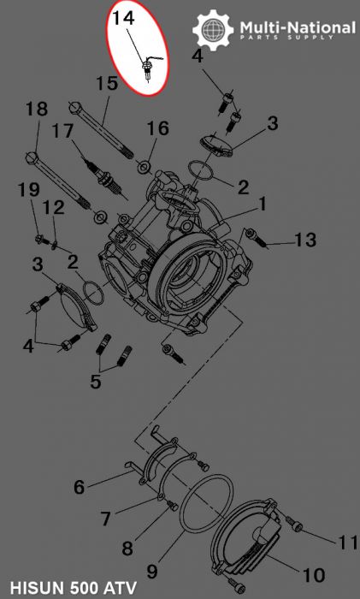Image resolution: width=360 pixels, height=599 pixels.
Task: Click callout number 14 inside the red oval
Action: click(123, 17)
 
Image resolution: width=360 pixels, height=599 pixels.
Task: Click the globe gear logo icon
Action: click(213, 30)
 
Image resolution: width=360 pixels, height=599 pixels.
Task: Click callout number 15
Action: click(105, 84)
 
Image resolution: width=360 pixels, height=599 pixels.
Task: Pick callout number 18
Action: click(36, 110)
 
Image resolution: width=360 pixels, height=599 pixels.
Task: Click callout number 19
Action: click(29, 188)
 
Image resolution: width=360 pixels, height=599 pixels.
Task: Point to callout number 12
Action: click(53, 207)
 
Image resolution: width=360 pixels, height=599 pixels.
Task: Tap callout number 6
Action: click(79, 487)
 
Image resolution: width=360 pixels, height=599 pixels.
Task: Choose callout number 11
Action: click(346, 542)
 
